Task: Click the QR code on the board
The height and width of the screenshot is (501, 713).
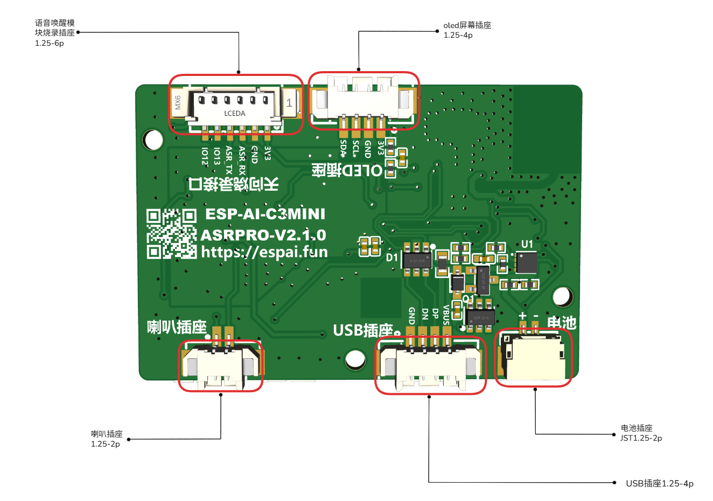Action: coord(171,234)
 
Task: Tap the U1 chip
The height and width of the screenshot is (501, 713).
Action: coord(527,262)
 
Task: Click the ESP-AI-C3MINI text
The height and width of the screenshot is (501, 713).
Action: coord(265,214)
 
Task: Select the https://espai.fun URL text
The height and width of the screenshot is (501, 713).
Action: coord(264,252)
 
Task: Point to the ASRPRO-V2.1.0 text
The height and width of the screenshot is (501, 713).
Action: coord(263,235)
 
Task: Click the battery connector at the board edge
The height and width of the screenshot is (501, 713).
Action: coord(534,357)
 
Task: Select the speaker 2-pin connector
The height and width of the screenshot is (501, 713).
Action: coord(220,365)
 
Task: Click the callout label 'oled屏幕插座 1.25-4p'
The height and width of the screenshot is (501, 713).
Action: coord(467,30)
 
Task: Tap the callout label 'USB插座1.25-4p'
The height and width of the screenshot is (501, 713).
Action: coord(659,483)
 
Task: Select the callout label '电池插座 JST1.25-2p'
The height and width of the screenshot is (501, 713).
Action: coord(641,433)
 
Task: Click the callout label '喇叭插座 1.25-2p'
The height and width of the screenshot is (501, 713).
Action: coord(107,439)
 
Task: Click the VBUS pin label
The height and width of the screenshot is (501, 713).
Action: coord(446,315)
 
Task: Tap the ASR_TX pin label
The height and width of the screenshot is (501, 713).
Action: coord(229,159)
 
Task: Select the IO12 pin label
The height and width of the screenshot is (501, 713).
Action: coord(205,156)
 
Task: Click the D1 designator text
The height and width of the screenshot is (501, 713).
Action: coord(392,258)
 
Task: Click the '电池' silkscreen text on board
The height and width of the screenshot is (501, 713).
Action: coord(562,323)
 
